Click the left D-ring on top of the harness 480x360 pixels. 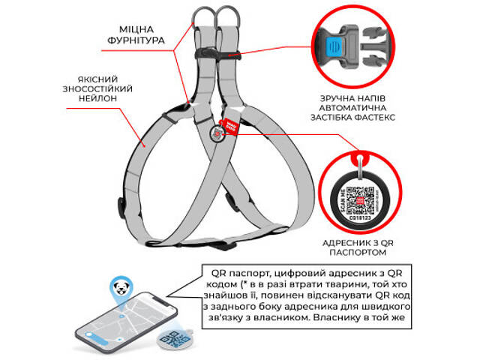[202, 16]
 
